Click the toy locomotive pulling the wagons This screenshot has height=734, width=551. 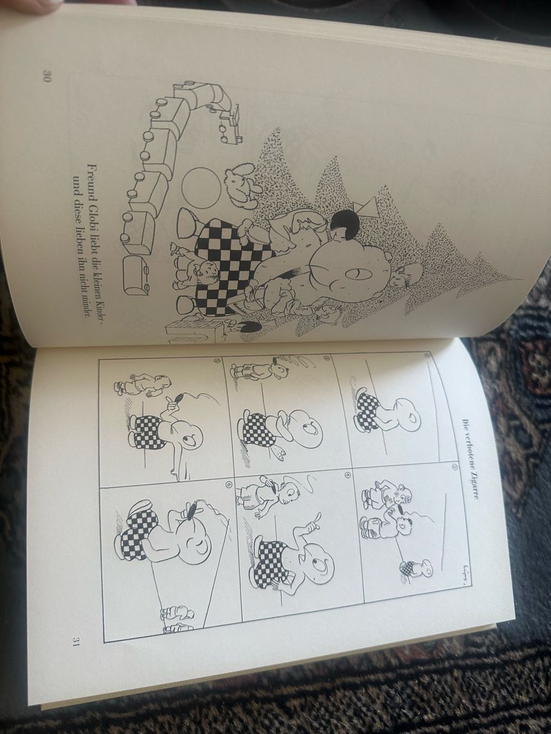pyautogui.click(x=230, y=124)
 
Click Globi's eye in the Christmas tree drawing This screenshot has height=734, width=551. pyautogui.click(x=356, y=275)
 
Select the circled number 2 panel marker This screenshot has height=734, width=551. pyautogui.click(x=454, y=466)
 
